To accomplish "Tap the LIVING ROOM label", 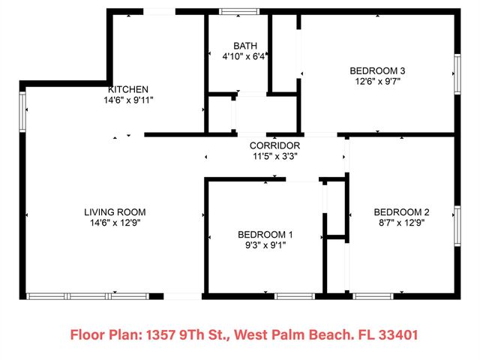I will [x=115, y=212].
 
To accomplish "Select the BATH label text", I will [x=234, y=45].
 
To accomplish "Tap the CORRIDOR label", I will [x=274, y=145].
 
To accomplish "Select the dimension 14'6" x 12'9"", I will [x=115, y=223].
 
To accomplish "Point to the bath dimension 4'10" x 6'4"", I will [x=235, y=55].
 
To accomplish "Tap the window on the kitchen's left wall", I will [x=22, y=110].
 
